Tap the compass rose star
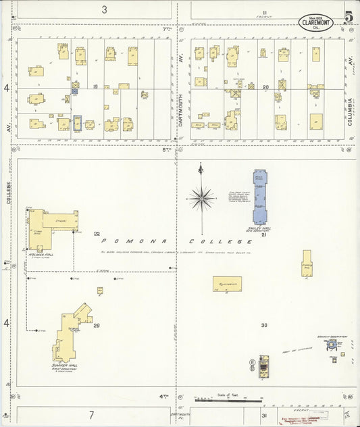[x=201, y=199]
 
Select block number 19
[x=95, y=86]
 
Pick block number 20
[x=265, y=87]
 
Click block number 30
[x=264, y=326]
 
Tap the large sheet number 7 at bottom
[x=91, y=413]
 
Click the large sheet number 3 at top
[x=104, y=9]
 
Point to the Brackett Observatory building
[x=332, y=345]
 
